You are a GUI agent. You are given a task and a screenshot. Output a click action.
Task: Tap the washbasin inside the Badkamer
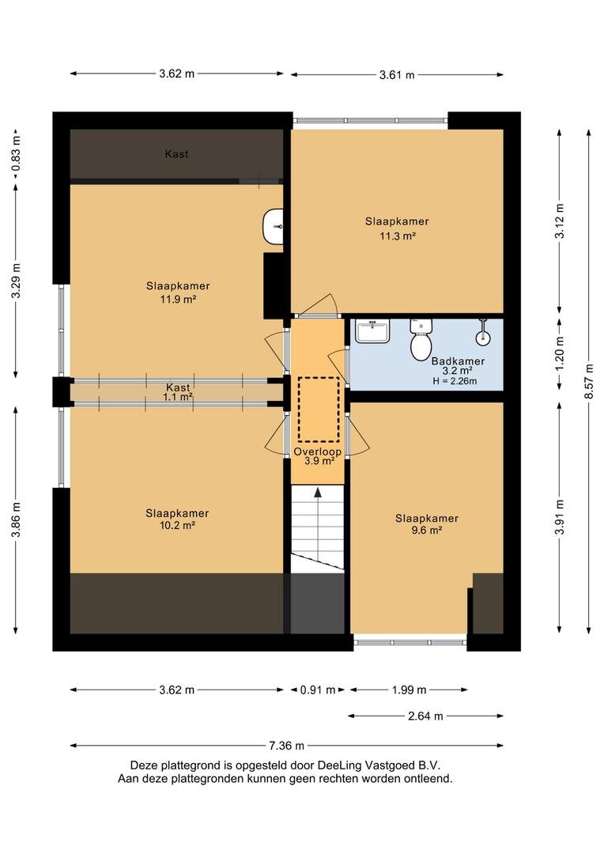click(x=372, y=331)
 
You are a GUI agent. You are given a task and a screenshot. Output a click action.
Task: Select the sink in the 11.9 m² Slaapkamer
click(x=273, y=226)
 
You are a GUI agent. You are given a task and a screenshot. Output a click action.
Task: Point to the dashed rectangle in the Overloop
click(x=319, y=409)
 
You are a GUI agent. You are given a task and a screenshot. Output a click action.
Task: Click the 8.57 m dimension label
click(x=589, y=381)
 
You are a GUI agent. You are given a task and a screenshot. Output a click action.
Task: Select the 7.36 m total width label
click(x=286, y=746)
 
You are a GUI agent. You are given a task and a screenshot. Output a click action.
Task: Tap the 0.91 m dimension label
click(x=318, y=690)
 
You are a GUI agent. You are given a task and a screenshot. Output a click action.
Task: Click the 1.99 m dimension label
click(x=409, y=690)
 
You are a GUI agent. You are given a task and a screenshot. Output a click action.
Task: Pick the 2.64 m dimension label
click(x=425, y=716)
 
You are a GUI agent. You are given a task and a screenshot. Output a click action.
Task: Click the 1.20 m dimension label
click(x=560, y=353)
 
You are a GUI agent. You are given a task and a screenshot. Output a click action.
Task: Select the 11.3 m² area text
click(x=398, y=236)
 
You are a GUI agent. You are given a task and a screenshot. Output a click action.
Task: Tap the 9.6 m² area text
click(x=426, y=530)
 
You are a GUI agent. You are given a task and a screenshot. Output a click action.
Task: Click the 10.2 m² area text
click(x=177, y=526)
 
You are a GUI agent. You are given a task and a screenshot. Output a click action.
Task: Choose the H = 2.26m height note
click(x=455, y=381)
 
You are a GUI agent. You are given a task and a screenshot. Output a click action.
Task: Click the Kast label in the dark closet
click(x=176, y=154)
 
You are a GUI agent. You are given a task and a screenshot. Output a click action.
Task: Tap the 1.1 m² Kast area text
click(x=178, y=397)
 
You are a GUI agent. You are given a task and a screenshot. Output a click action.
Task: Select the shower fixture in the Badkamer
click(x=482, y=333)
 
